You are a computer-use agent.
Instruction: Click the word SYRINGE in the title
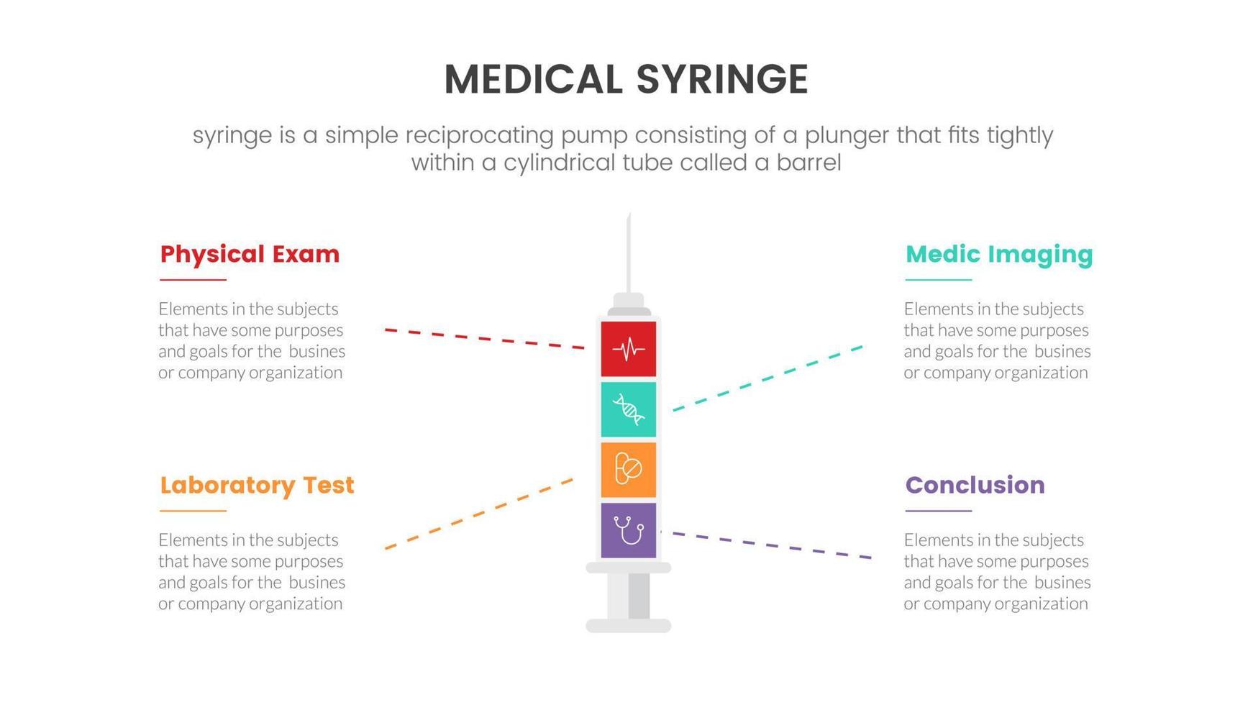tap(722, 79)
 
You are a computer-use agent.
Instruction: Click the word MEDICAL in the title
tap(533, 79)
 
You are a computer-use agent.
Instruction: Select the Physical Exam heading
tap(250, 254)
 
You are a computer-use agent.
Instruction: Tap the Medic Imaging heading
tap(999, 254)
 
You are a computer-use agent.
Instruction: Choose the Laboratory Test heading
tap(257, 485)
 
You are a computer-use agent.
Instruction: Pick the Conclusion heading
tap(975, 485)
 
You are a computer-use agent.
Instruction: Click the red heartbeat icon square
tap(628, 349)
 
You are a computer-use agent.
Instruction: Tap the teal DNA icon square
tap(628, 409)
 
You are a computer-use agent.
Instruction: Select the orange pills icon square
tap(628, 470)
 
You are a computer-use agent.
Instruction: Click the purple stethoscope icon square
tap(628, 530)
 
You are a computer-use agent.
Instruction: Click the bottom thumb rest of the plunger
tap(628, 625)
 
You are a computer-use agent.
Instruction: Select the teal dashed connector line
tap(767, 378)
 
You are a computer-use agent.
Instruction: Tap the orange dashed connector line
tap(479, 514)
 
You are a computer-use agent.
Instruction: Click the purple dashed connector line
tap(766, 545)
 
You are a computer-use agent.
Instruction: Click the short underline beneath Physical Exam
tap(193, 280)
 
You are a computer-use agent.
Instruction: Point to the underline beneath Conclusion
tap(938, 511)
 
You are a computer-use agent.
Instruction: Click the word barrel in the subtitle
tap(808, 163)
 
